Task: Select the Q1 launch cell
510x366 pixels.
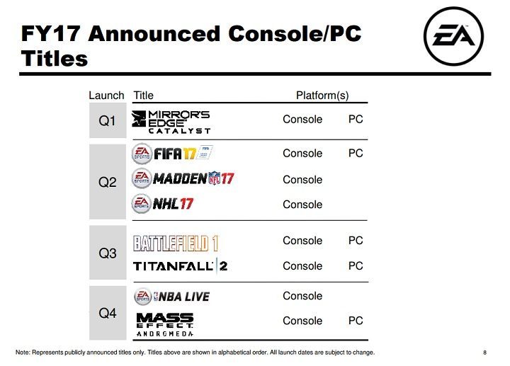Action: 107,120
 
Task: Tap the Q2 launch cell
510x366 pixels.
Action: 107,181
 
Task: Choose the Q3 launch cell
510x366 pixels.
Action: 107,252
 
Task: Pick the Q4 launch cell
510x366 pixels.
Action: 107,312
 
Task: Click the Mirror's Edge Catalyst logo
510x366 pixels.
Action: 171,122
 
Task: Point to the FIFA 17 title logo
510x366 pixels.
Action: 173,154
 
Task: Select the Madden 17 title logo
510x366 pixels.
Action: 183,178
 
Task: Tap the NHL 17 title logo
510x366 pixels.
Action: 162,205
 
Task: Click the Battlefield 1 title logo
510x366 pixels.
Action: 176,243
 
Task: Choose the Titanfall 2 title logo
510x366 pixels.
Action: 180,267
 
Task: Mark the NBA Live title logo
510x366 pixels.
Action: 171,296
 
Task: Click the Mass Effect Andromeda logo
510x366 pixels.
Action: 164,323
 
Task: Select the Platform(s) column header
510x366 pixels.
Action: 322,96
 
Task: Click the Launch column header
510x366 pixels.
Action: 106,96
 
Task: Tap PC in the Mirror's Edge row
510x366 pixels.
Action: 356,119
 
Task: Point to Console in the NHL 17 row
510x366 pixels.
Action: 302,205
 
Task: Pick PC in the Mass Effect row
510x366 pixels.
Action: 356,321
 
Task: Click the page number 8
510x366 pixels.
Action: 484,353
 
